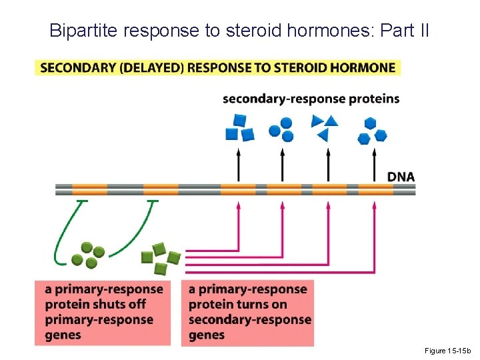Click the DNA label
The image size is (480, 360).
(401, 177)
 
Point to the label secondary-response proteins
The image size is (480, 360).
(311, 99)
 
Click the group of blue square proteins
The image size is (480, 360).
(240, 128)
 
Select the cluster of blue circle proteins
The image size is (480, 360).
(281, 129)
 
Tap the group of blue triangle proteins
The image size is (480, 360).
(325, 127)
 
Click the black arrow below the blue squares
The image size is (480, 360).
(238, 165)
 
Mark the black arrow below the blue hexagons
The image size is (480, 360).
(374, 165)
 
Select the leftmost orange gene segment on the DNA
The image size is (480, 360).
(89, 189)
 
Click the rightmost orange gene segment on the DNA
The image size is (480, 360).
(375, 189)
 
